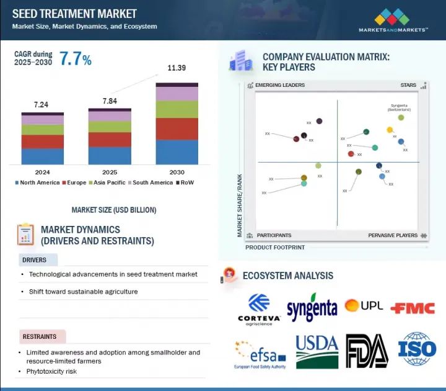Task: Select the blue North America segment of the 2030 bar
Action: tap(177, 152)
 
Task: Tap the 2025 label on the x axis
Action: tap(110, 172)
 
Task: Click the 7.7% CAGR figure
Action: tap(76, 60)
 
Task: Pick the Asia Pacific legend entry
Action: tap(109, 182)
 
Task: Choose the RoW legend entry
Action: tap(188, 182)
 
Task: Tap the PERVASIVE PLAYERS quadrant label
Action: tap(393, 235)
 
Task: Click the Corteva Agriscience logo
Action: tap(259, 308)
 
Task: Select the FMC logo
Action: tap(413, 307)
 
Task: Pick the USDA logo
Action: tap(317, 351)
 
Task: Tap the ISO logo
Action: tap(417, 349)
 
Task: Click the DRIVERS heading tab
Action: tap(35, 259)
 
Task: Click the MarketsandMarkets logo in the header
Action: tap(393, 19)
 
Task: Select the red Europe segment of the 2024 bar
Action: tap(43, 142)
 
